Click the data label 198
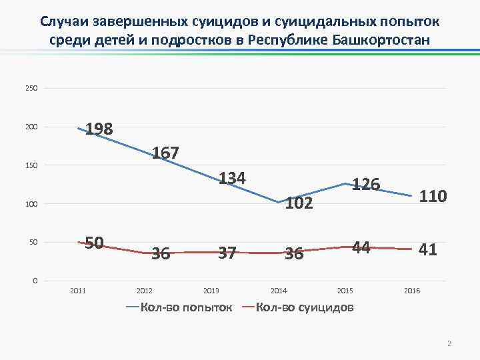99,128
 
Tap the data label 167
165,153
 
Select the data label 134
233,179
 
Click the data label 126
366,184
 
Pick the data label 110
432,196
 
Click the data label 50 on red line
93,243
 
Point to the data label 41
428,250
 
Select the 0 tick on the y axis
35,281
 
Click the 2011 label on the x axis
78,291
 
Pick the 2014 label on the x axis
278,291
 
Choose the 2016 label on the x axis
412,291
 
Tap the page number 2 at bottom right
449,344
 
